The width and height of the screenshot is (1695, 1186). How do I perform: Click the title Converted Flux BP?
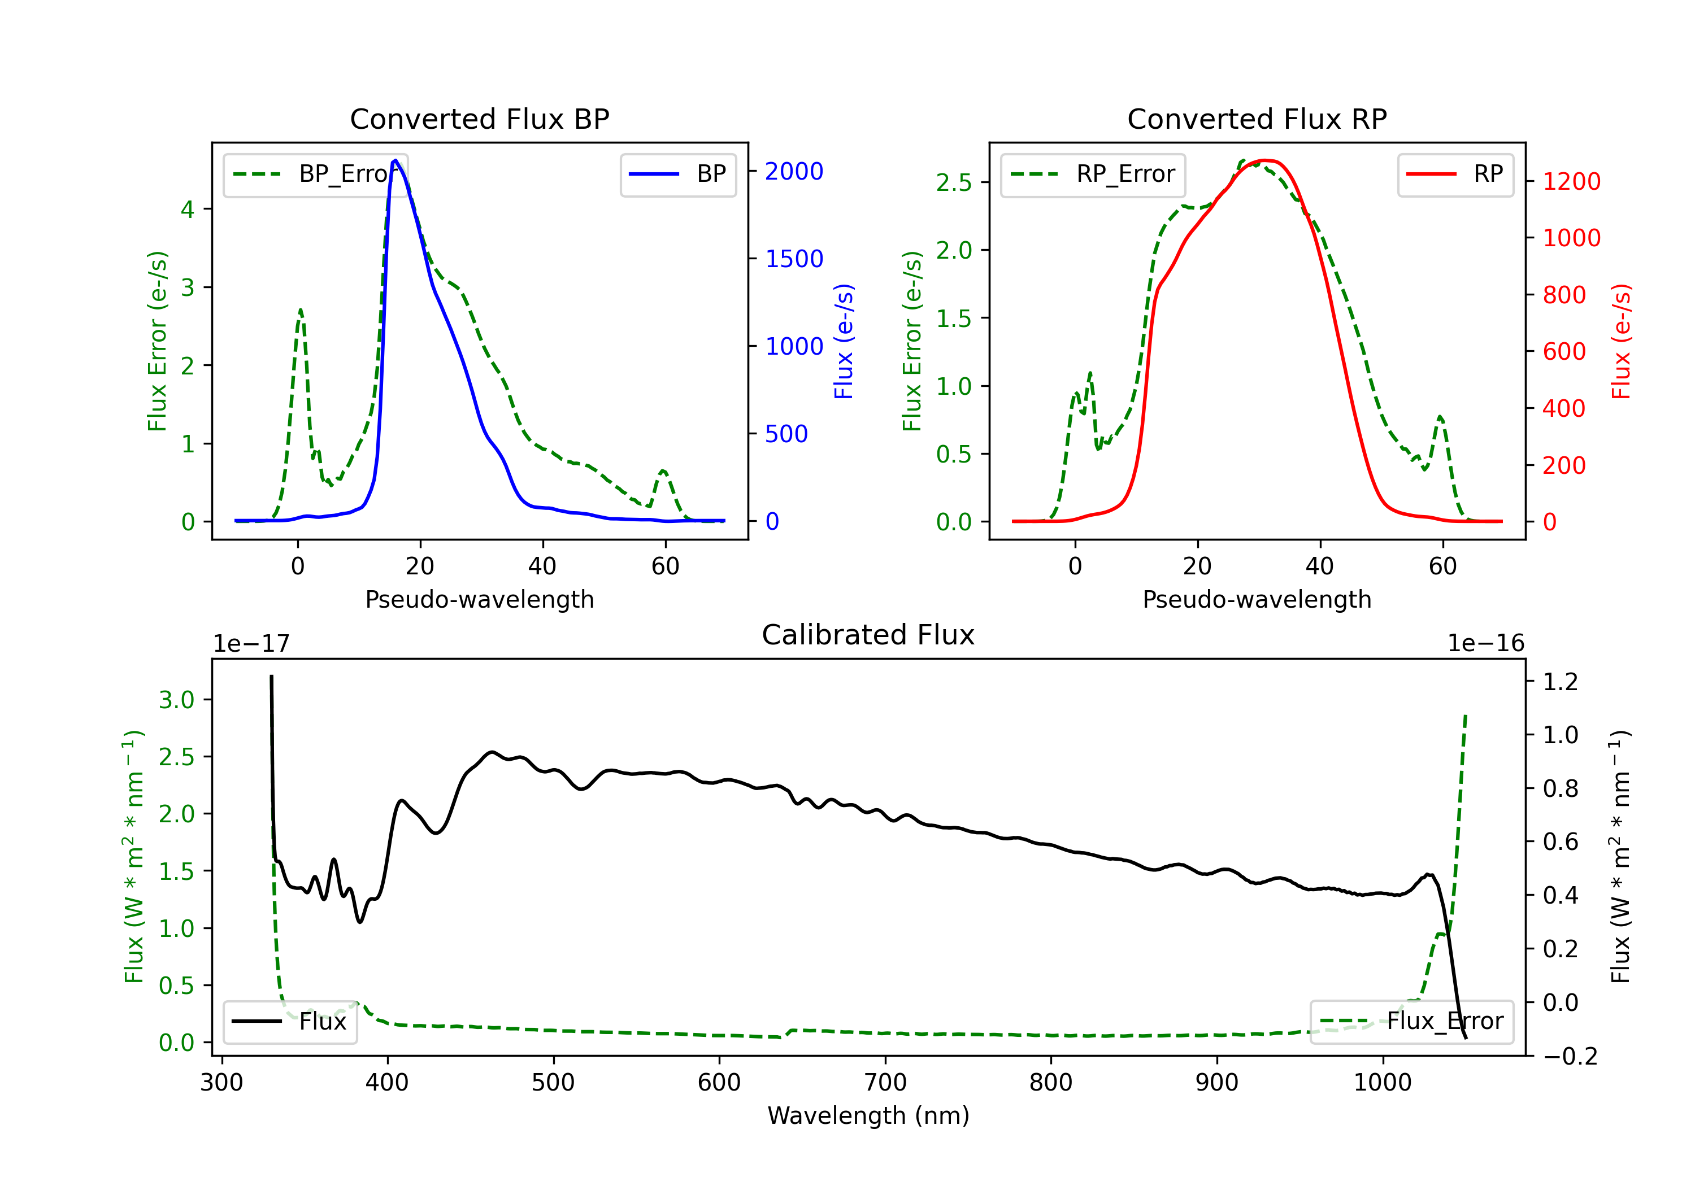[479, 119]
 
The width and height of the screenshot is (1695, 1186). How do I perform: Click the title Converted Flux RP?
[1257, 119]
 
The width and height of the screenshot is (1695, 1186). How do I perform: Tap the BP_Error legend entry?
[316, 174]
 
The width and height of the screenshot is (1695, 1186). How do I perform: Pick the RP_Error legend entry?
[1093, 174]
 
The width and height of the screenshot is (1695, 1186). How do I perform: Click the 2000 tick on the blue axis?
[794, 171]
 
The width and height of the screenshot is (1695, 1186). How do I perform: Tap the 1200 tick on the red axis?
[1571, 181]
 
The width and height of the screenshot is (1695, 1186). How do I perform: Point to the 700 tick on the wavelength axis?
[885, 1082]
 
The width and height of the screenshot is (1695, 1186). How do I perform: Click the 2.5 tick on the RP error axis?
[954, 182]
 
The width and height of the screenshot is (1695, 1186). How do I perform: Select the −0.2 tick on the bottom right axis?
[1570, 1056]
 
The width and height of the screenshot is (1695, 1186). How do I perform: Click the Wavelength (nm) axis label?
[868, 1116]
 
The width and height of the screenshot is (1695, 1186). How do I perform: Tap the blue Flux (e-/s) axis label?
[843, 341]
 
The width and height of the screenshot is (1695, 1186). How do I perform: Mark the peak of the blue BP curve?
[395, 160]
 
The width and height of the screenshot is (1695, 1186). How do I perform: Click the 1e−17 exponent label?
[251, 644]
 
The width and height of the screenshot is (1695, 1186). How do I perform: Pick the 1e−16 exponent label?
[1485, 644]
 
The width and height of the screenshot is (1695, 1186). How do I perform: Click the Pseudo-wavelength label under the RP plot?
[1257, 599]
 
